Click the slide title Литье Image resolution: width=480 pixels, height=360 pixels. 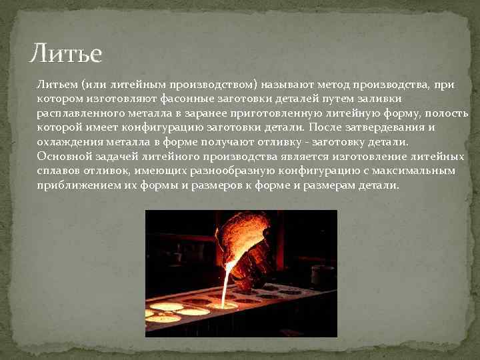[66, 53]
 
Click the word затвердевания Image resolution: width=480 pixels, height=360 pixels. [391, 128]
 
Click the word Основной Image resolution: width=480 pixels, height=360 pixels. [63, 156]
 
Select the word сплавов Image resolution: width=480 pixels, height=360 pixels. [58, 171]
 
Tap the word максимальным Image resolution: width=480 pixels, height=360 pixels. [417, 171]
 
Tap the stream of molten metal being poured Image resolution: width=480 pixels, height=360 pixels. [227, 283]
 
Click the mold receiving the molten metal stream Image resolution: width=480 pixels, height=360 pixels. [223, 305]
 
